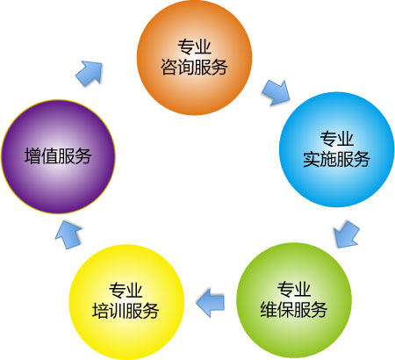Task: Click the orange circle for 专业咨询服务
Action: [x=194, y=58]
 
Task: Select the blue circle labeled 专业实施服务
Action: [x=336, y=149]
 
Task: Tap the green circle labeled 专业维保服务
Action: [x=294, y=300]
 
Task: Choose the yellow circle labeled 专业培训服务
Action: [x=126, y=302]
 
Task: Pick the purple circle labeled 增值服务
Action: [x=59, y=156]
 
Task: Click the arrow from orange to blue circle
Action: [x=276, y=92]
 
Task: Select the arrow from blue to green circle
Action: [x=346, y=234]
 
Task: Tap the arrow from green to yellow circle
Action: [x=210, y=303]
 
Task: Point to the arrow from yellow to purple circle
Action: [x=68, y=234]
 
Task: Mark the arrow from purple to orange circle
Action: [x=89, y=74]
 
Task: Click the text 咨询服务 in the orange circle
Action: [x=194, y=68]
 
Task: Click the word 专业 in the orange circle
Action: [x=194, y=47]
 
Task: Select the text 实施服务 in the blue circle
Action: [x=336, y=160]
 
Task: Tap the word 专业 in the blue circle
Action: [x=336, y=139]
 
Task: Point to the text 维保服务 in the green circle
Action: [x=294, y=310]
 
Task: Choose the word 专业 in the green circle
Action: [x=294, y=289]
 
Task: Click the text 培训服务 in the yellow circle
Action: [x=126, y=311]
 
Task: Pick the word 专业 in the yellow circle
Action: [x=126, y=291]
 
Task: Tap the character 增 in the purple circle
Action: [x=32, y=155]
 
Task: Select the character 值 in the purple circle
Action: [x=49, y=155]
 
